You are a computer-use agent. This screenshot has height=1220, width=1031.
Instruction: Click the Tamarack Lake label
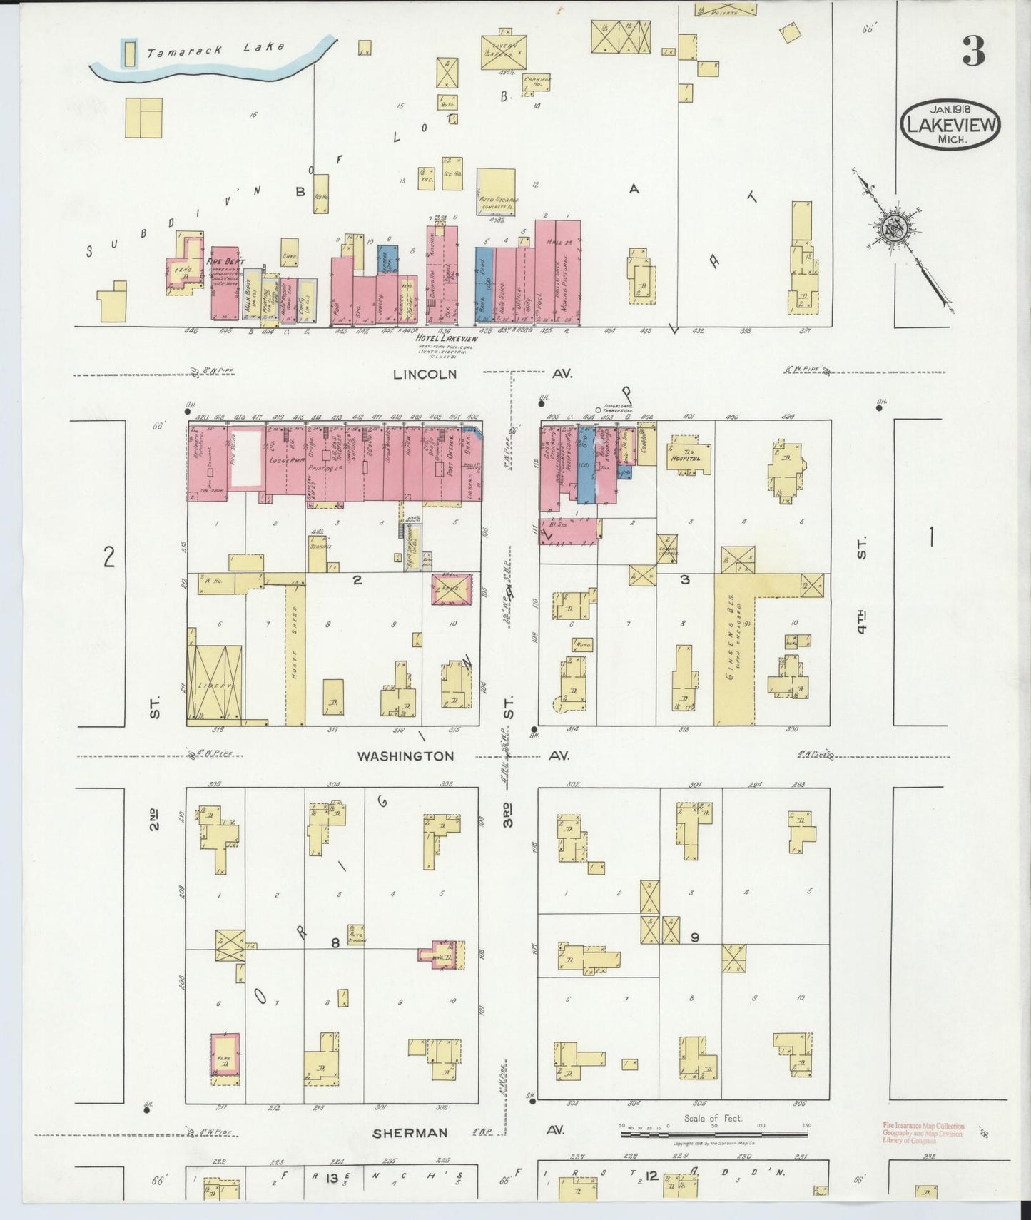(x=215, y=49)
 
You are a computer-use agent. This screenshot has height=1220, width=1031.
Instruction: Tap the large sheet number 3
(x=973, y=51)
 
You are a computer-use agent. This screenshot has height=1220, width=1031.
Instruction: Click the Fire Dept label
(x=225, y=262)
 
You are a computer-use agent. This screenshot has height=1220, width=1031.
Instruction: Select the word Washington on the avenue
(x=405, y=756)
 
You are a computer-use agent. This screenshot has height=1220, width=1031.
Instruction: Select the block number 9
(x=694, y=937)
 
